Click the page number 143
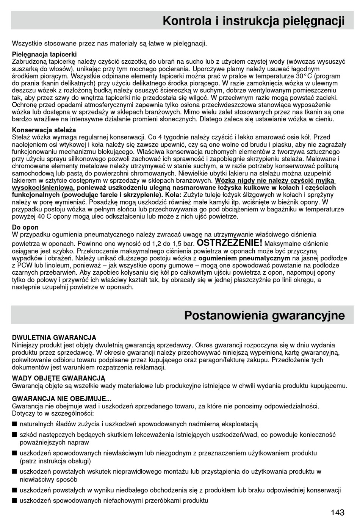337,513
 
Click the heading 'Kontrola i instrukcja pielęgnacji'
254,21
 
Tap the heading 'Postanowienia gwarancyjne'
265,315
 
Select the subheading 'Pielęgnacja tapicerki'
44,54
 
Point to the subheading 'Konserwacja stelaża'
44,130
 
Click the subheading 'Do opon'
25,227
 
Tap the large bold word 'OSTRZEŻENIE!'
230,242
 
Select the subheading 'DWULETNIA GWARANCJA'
54,338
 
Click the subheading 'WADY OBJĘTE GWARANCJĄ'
58,378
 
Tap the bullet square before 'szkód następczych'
14,435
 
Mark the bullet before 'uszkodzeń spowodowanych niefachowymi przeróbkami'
14,501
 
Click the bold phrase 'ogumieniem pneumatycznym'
244,258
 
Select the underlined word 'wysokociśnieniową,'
43,188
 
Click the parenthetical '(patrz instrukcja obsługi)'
55,461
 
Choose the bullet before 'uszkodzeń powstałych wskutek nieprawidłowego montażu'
14,472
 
